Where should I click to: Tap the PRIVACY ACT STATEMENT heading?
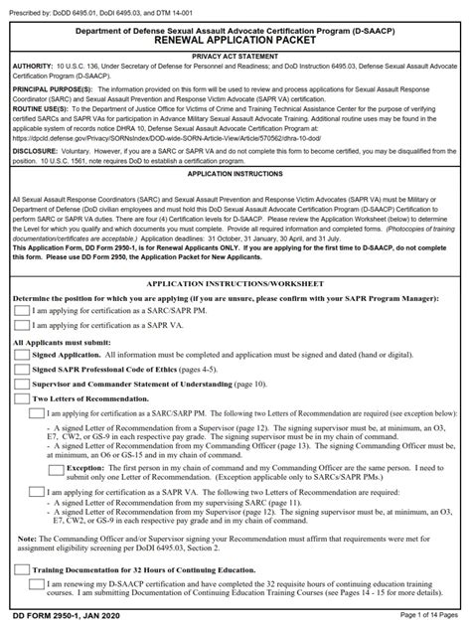235,59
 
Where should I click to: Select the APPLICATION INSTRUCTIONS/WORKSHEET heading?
235,284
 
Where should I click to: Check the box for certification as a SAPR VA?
22,325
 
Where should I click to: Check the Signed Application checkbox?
22,355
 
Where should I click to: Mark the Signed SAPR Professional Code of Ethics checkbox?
22,370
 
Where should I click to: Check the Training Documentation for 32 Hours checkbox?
22,570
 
